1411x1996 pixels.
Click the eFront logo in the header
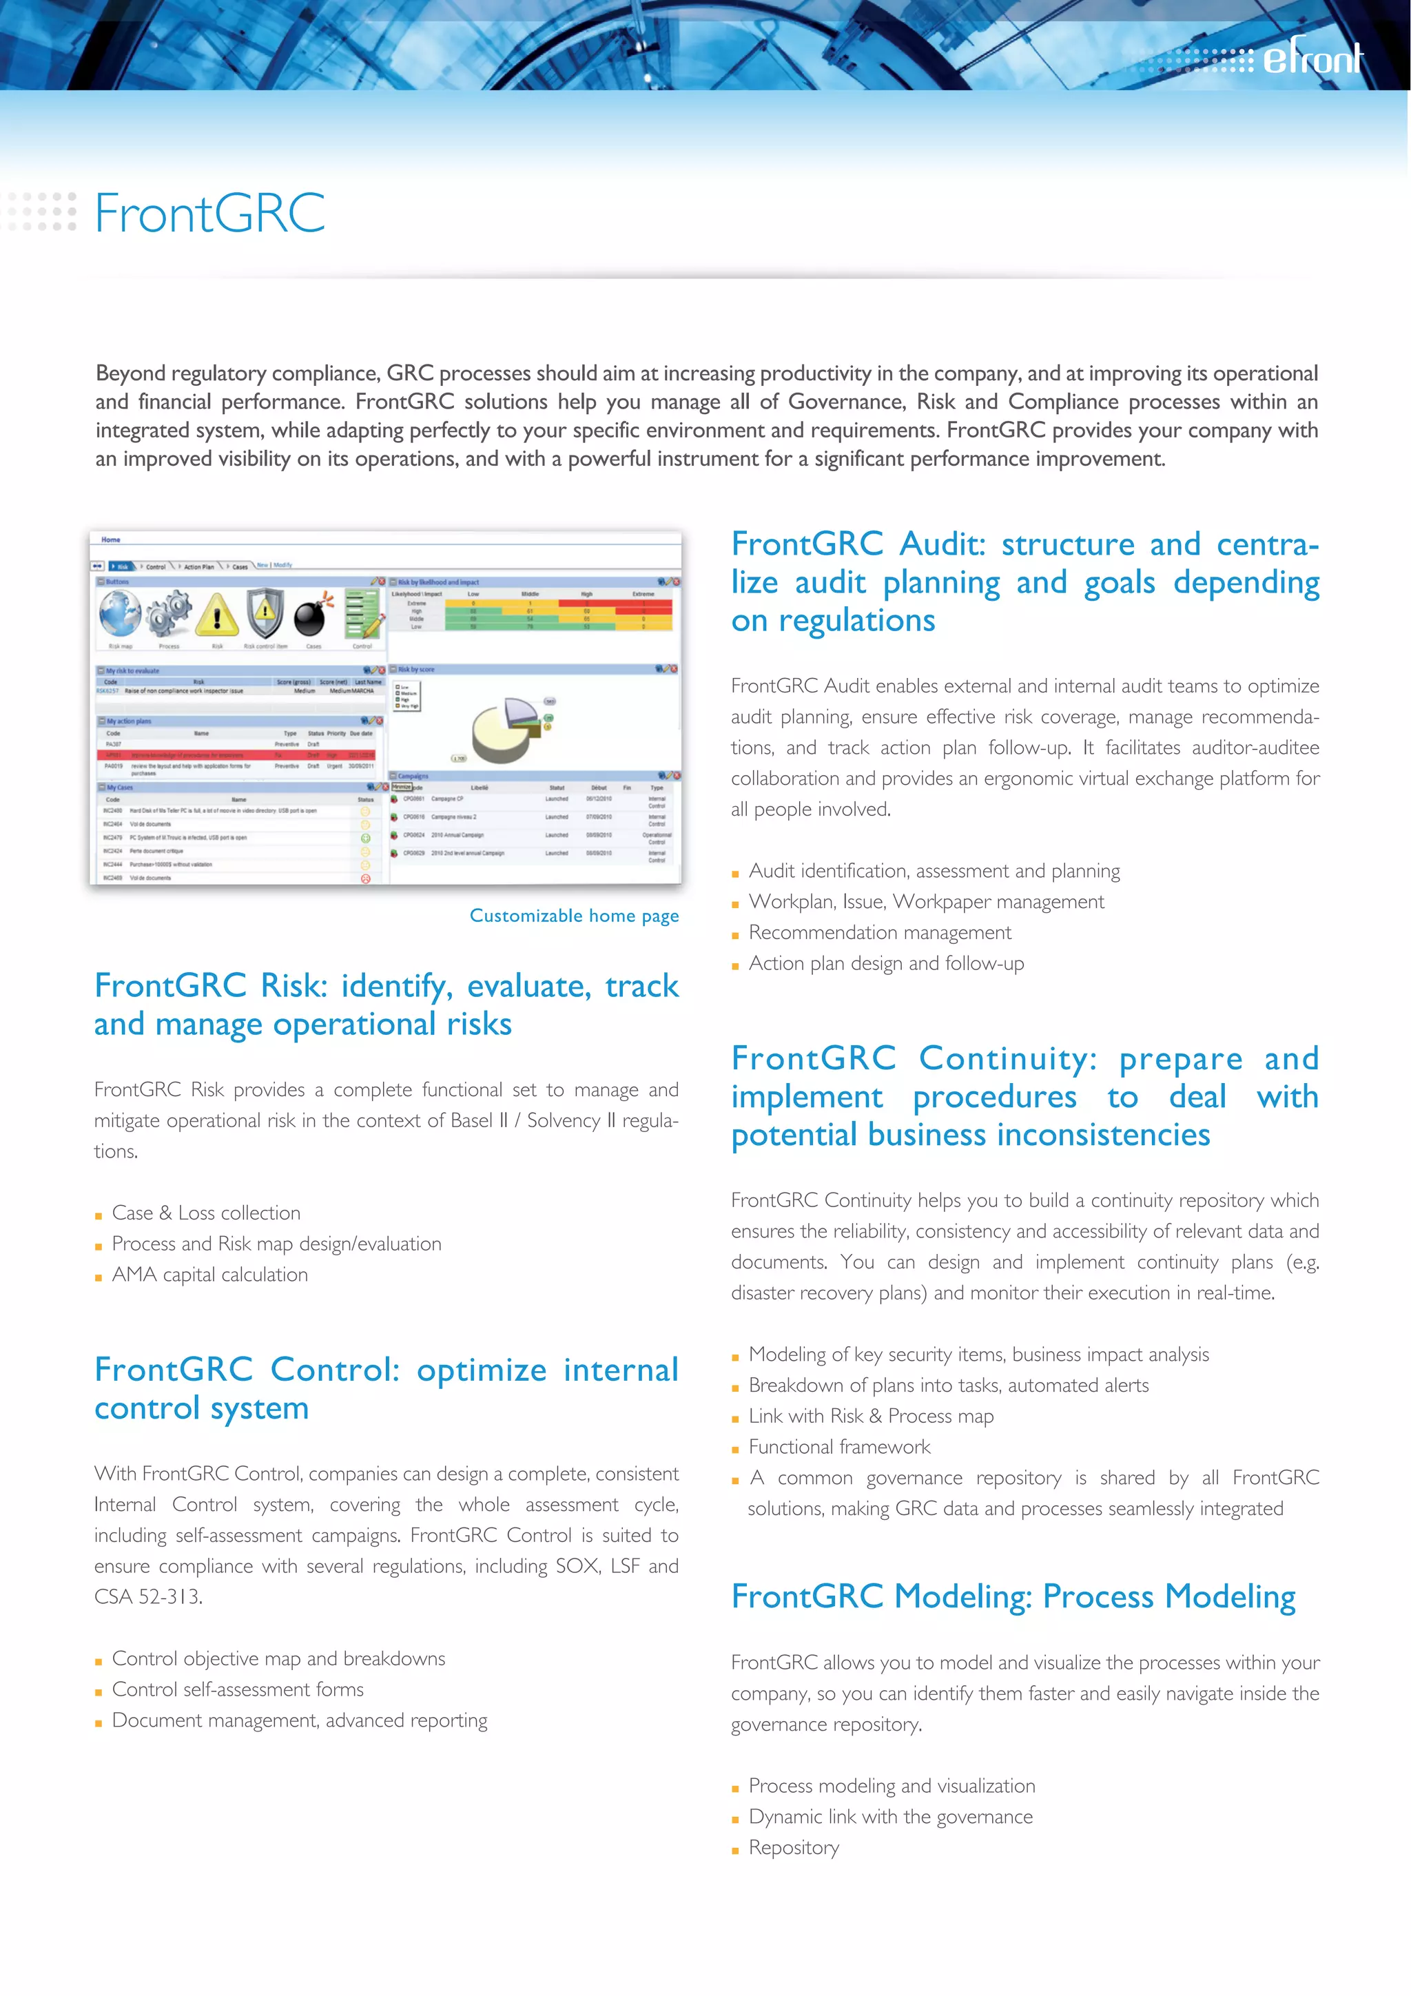1312,59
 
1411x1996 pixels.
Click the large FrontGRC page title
209,213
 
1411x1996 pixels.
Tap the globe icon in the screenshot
120,613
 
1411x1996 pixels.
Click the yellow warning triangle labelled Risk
217,615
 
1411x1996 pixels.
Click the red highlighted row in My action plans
236,755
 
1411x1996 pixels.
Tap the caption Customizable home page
574,916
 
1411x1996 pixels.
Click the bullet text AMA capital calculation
209,1275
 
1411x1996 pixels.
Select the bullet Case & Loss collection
206,1213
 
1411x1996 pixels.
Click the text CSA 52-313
148,1597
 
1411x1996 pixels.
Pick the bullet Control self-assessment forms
237,1689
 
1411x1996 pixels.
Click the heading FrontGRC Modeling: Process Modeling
1013,1596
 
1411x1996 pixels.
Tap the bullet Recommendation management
880,933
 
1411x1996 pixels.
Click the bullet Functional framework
839,1447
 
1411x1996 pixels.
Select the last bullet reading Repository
793,1847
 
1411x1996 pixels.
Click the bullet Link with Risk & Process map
870,1416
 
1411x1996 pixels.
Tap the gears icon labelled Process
169,614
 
